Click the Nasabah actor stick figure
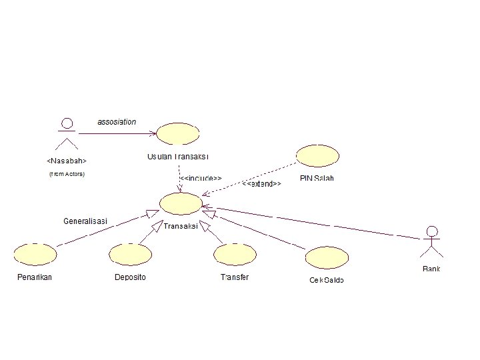tap(67, 133)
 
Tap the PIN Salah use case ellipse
tap(317, 156)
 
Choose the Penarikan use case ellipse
tap(35, 255)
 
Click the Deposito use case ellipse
tap(131, 255)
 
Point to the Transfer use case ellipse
tap(235, 255)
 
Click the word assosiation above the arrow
tap(117, 122)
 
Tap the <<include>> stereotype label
tap(202, 179)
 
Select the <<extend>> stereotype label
tap(261, 183)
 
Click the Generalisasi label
tap(86, 221)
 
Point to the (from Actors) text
tap(67, 174)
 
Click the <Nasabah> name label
tap(67, 161)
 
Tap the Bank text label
tap(431, 269)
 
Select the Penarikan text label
tap(35, 277)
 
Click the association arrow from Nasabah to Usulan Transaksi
tap(117, 133)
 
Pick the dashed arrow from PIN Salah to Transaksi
tap(250, 177)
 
